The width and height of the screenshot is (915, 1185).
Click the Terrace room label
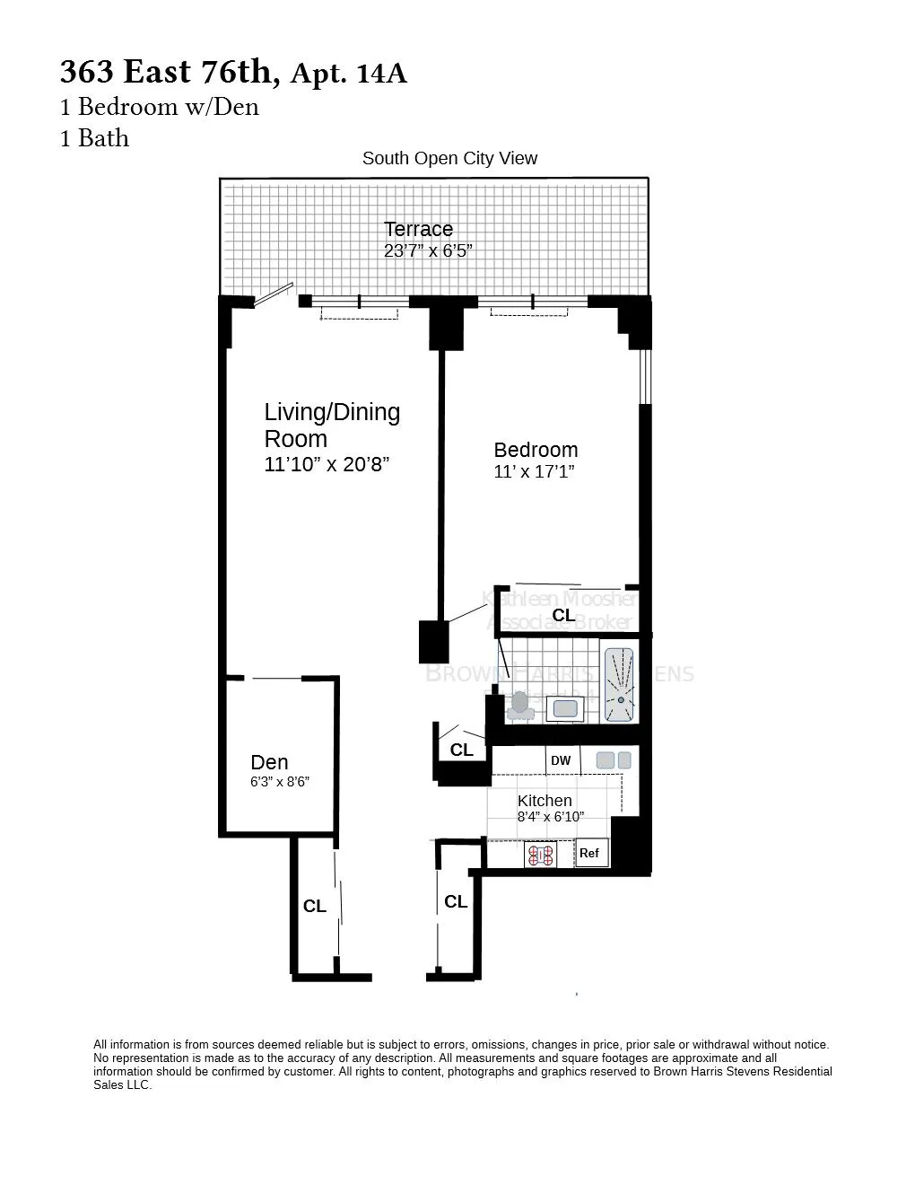coord(418,229)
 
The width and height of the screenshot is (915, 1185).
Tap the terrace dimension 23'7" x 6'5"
coord(428,251)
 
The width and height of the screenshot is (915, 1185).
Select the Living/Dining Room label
coord(332,425)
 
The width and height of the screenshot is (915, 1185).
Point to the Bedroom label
coord(536,450)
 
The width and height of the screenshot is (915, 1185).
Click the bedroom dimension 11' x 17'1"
coord(534,472)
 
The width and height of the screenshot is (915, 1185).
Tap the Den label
coord(269,762)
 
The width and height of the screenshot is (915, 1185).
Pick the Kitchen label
coord(545,801)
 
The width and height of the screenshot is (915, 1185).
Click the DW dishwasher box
coord(561,760)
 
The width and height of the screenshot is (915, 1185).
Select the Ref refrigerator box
coord(589,853)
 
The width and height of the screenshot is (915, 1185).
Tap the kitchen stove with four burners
coord(540,856)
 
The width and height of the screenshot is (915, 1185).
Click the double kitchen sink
coord(614,760)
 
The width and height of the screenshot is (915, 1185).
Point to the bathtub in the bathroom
coord(619,685)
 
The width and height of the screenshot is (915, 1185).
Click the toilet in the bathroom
coord(519,706)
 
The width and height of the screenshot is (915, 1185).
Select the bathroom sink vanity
coord(565,708)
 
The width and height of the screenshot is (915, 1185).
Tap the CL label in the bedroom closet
coord(563,615)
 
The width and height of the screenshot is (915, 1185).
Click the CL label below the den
coord(314,907)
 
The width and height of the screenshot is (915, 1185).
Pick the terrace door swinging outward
coord(273,295)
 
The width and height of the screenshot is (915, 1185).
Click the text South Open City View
coord(449,159)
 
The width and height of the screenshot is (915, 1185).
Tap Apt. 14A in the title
coord(349,74)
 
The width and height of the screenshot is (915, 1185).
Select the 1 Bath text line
coord(94,138)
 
